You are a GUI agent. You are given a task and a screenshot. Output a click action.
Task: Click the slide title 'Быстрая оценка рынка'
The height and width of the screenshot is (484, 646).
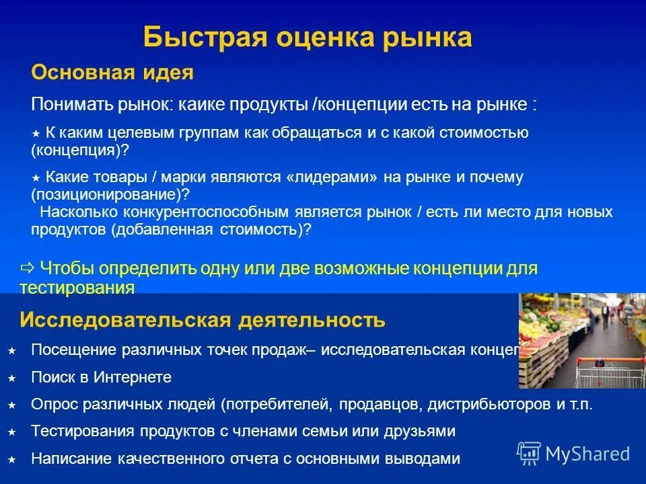[x=308, y=38]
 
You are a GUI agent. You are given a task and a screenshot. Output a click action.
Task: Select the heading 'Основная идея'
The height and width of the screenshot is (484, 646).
[x=112, y=73]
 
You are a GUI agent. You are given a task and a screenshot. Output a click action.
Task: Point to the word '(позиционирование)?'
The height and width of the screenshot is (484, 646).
[x=110, y=194]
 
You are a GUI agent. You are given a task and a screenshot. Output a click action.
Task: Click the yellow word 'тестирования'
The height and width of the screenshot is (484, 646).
[x=77, y=288]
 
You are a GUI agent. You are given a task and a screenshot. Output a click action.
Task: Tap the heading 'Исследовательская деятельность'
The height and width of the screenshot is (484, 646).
[x=203, y=320]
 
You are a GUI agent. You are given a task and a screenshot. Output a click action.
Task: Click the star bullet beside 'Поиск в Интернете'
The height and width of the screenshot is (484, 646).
[x=11, y=378]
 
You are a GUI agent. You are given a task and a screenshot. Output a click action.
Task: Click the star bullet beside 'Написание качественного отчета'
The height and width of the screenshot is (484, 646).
[x=11, y=460]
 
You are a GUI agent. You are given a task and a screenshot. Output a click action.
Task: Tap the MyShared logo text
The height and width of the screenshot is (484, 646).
[x=587, y=454]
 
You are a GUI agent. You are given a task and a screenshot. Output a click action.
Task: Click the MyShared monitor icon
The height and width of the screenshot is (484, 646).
[x=529, y=453]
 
